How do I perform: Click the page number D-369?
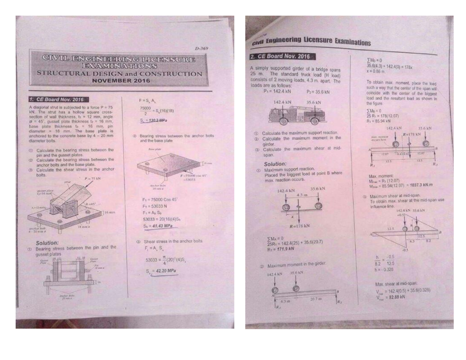pos(202,49)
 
